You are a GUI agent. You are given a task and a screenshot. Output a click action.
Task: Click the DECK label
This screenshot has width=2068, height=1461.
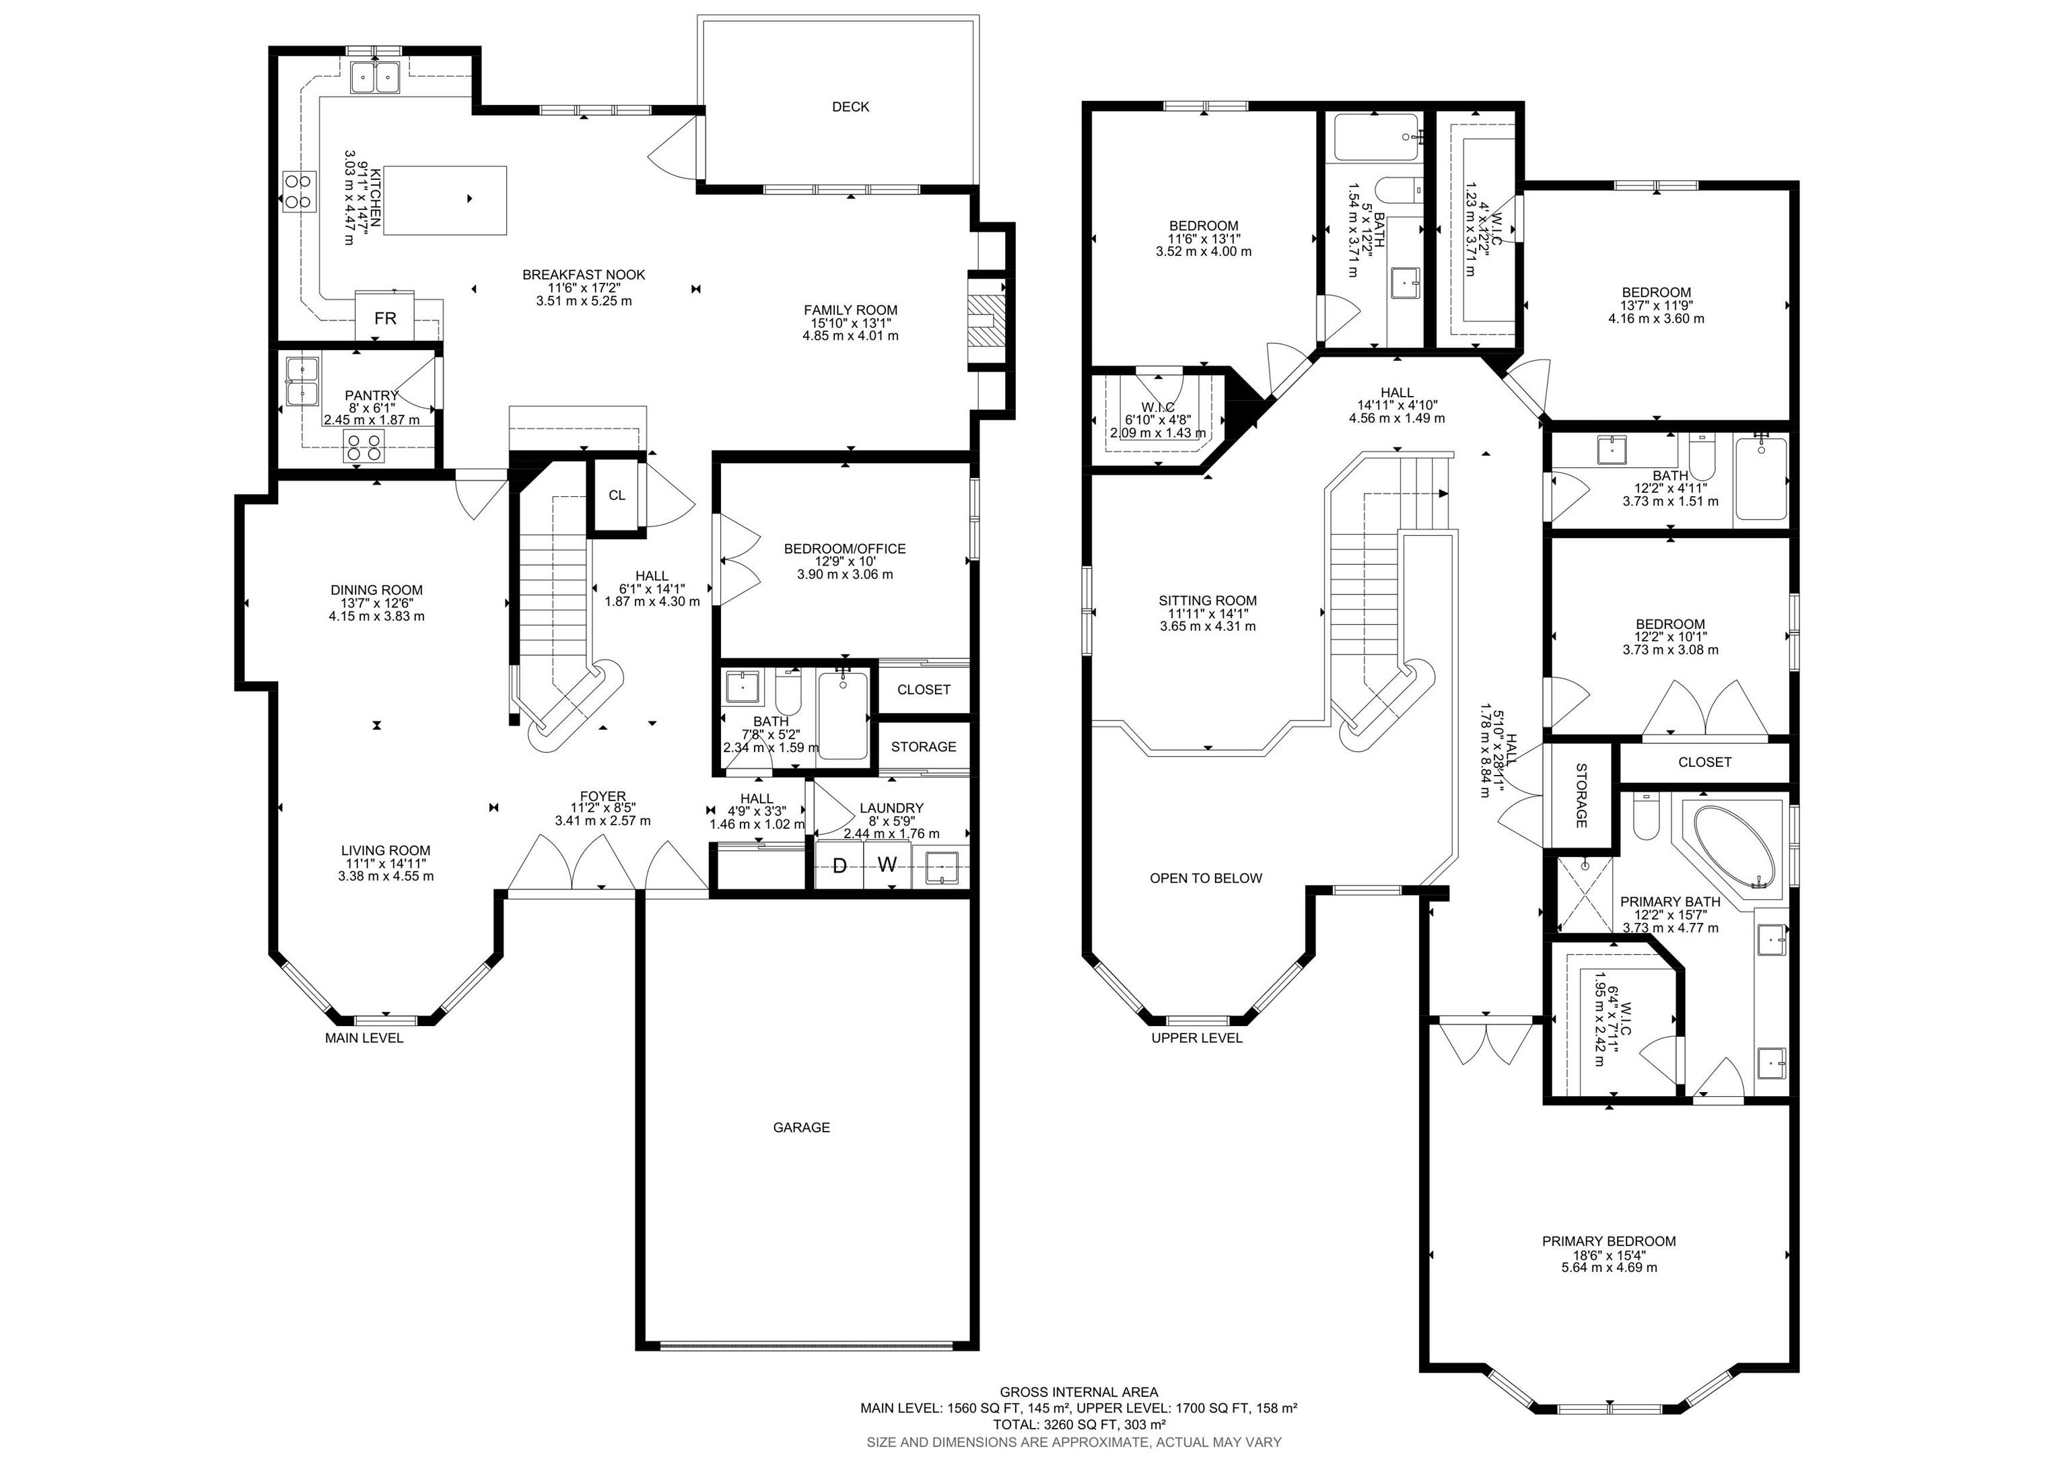850,106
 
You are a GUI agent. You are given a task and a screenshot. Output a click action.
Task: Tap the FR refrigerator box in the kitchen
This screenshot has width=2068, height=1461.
384,317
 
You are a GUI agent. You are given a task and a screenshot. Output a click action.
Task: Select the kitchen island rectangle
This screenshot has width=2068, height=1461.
445,200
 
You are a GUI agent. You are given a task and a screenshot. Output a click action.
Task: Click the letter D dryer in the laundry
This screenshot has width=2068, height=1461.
839,866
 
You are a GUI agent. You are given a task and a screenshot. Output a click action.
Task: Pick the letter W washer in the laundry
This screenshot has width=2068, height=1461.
887,866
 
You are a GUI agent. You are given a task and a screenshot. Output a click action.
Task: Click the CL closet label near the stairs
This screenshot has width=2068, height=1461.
617,496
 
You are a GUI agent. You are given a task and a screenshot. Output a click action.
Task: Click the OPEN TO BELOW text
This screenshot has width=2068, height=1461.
1206,878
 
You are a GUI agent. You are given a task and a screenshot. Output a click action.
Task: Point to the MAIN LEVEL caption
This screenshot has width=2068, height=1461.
364,1038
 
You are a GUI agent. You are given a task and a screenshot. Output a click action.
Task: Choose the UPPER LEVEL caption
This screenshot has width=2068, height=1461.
1197,1038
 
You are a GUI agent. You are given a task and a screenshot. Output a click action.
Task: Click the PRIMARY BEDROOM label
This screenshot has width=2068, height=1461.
1609,1242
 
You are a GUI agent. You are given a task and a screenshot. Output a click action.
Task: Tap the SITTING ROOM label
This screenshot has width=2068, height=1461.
1208,601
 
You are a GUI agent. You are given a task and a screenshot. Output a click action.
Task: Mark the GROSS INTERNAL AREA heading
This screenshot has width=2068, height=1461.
1079,1392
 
